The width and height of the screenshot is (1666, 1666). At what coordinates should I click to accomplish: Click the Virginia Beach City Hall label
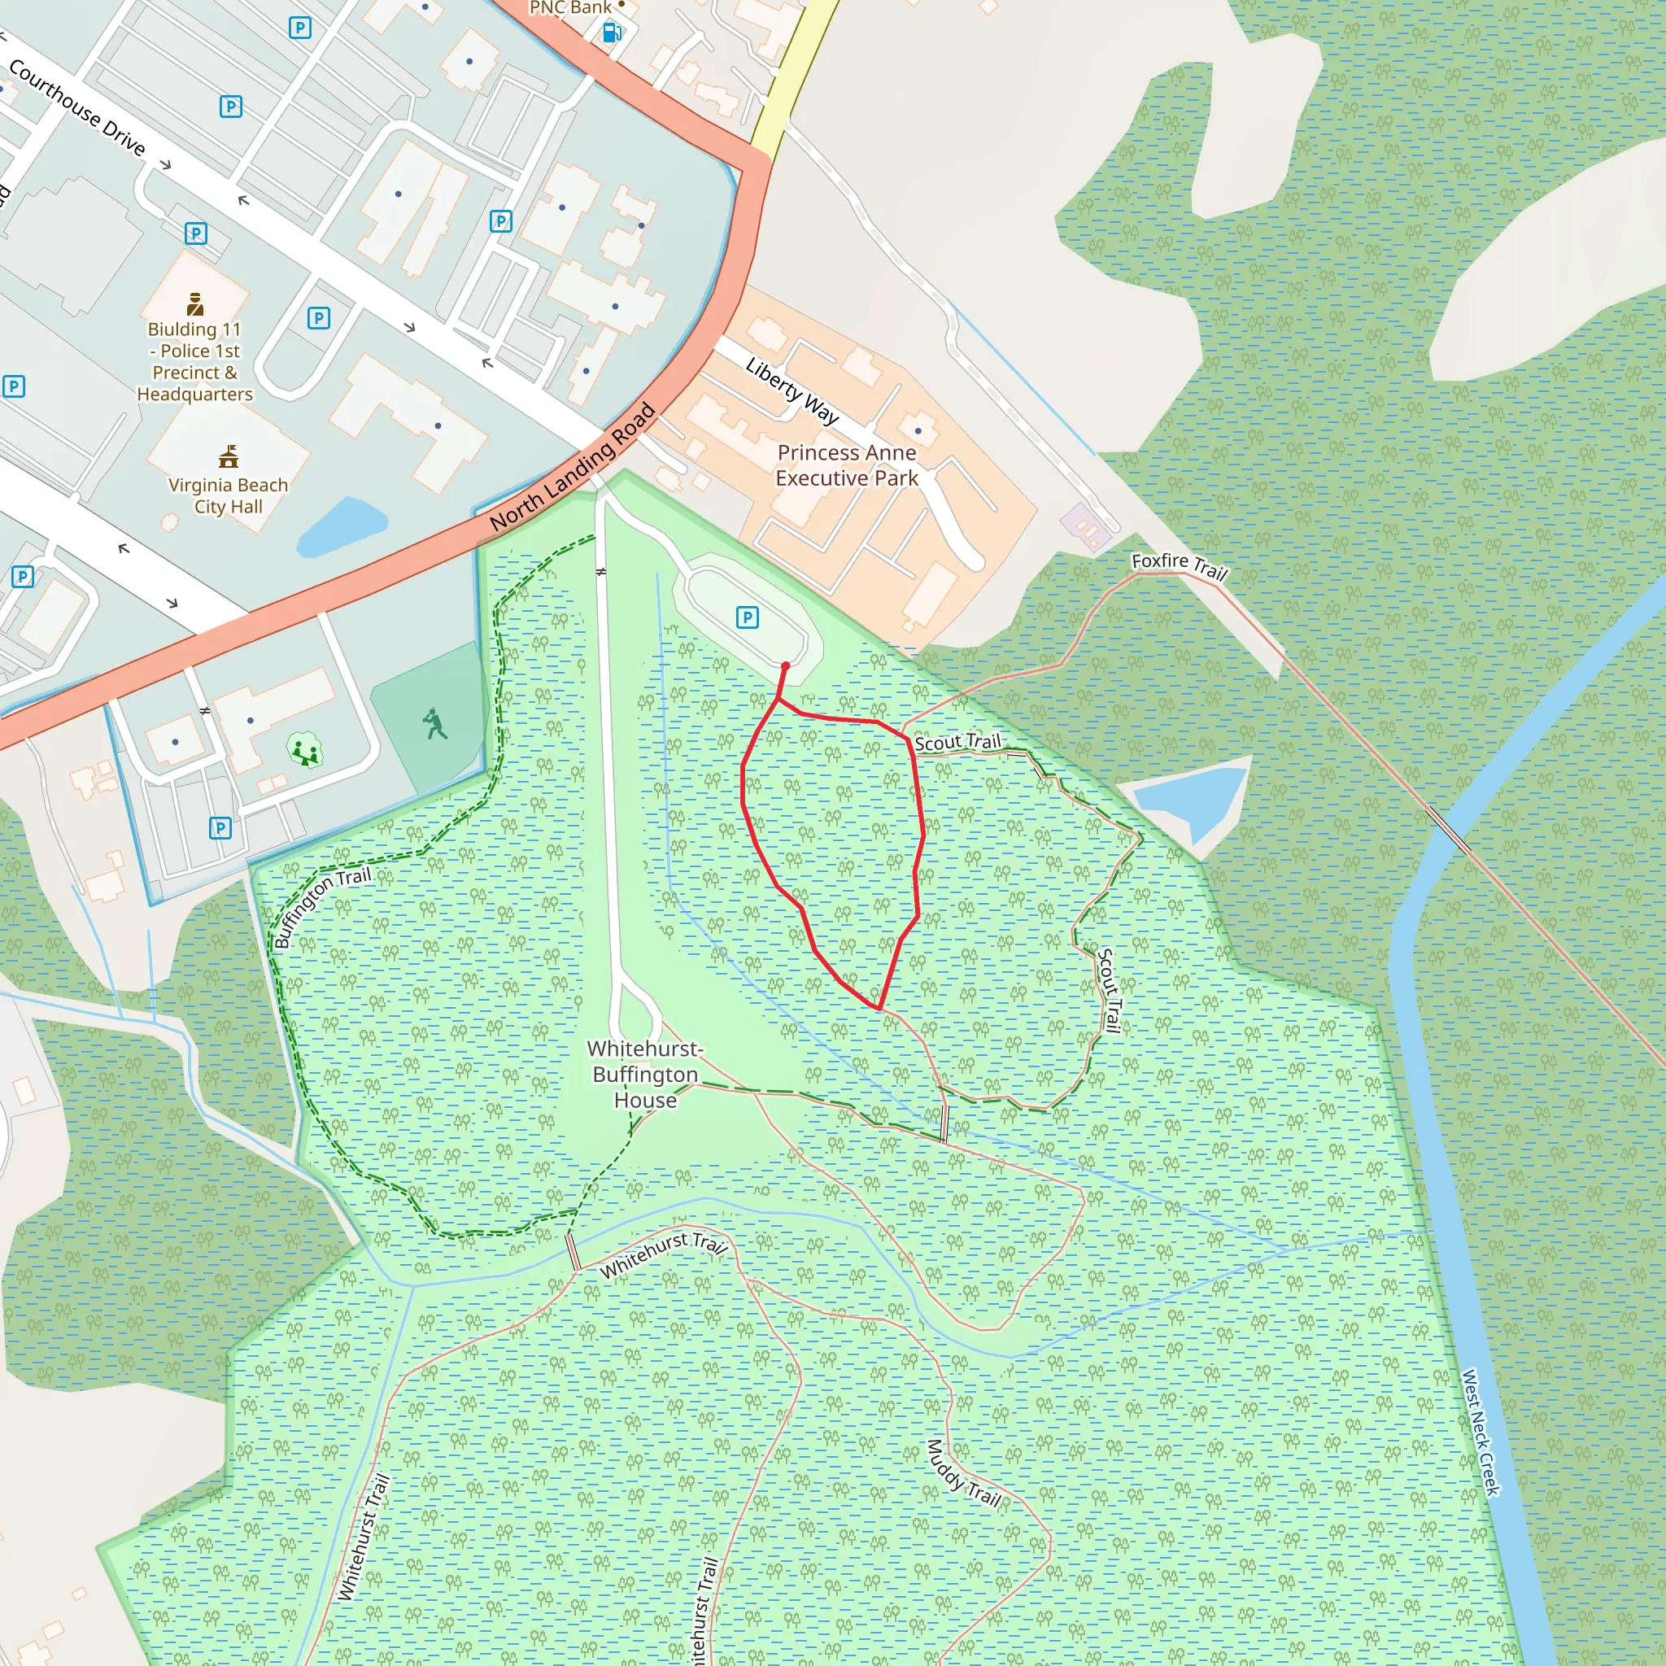click(x=228, y=496)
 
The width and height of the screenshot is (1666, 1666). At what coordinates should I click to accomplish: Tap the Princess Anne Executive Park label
click(x=846, y=464)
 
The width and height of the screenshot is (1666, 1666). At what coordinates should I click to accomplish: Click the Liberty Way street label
click(x=792, y=390)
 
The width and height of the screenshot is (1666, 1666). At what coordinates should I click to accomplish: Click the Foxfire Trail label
click(x=1179, y=565)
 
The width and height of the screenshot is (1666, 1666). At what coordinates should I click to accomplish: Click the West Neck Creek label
click(x=1481, y=1433)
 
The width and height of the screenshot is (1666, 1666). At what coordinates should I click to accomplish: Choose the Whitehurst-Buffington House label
click(x=645, y=1074)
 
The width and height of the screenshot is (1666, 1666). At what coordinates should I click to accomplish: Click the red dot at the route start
click(x=785, y=665)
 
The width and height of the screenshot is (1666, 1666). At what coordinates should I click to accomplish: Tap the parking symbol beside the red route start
click(x=747, y=617)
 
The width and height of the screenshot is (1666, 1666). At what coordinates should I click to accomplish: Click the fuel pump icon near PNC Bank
click(x=612, y=33)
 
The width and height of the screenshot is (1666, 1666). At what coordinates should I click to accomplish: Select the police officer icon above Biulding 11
click(x=196, y=303)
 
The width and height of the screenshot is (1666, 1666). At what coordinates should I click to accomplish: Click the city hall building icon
click(x=229, y=456)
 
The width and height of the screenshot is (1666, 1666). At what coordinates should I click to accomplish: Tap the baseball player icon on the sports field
click(x=435, y=723)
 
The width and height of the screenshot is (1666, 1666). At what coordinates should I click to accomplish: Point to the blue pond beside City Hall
click(x=342, y=526)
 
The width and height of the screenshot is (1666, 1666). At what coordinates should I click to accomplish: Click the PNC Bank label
click(x=570, y=8)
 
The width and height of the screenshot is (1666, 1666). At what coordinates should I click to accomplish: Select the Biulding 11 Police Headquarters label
click(x=195, y=361)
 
